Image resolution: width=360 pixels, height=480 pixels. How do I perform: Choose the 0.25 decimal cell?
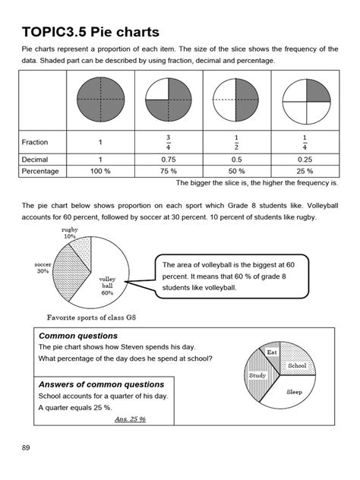[x=304, y=159]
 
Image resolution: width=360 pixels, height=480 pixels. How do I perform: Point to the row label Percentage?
[x=43, y=172]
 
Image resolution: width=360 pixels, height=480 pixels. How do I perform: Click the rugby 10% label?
[x=70, y=232]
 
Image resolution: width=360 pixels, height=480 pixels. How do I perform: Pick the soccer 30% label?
[x=43, y=268]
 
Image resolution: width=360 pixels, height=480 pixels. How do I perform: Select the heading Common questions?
[x=78, y=335]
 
